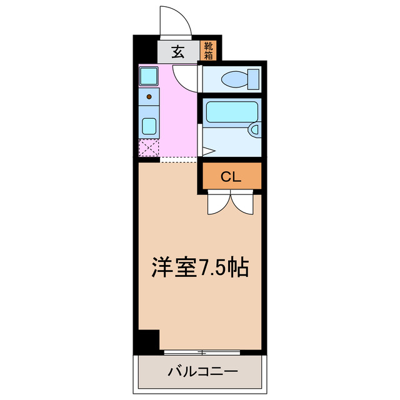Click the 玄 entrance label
(178, 52)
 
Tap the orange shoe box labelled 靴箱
(207, 51)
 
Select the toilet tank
(253, 79)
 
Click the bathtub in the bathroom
(232, 112)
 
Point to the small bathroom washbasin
(254, 130)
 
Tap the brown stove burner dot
(149, 96)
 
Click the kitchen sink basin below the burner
(149, 126)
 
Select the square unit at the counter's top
(149, 77)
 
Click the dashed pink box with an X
(149, 149)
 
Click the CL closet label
(231, 177)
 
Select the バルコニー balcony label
(202, 372)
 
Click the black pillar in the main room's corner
(149, 341)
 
